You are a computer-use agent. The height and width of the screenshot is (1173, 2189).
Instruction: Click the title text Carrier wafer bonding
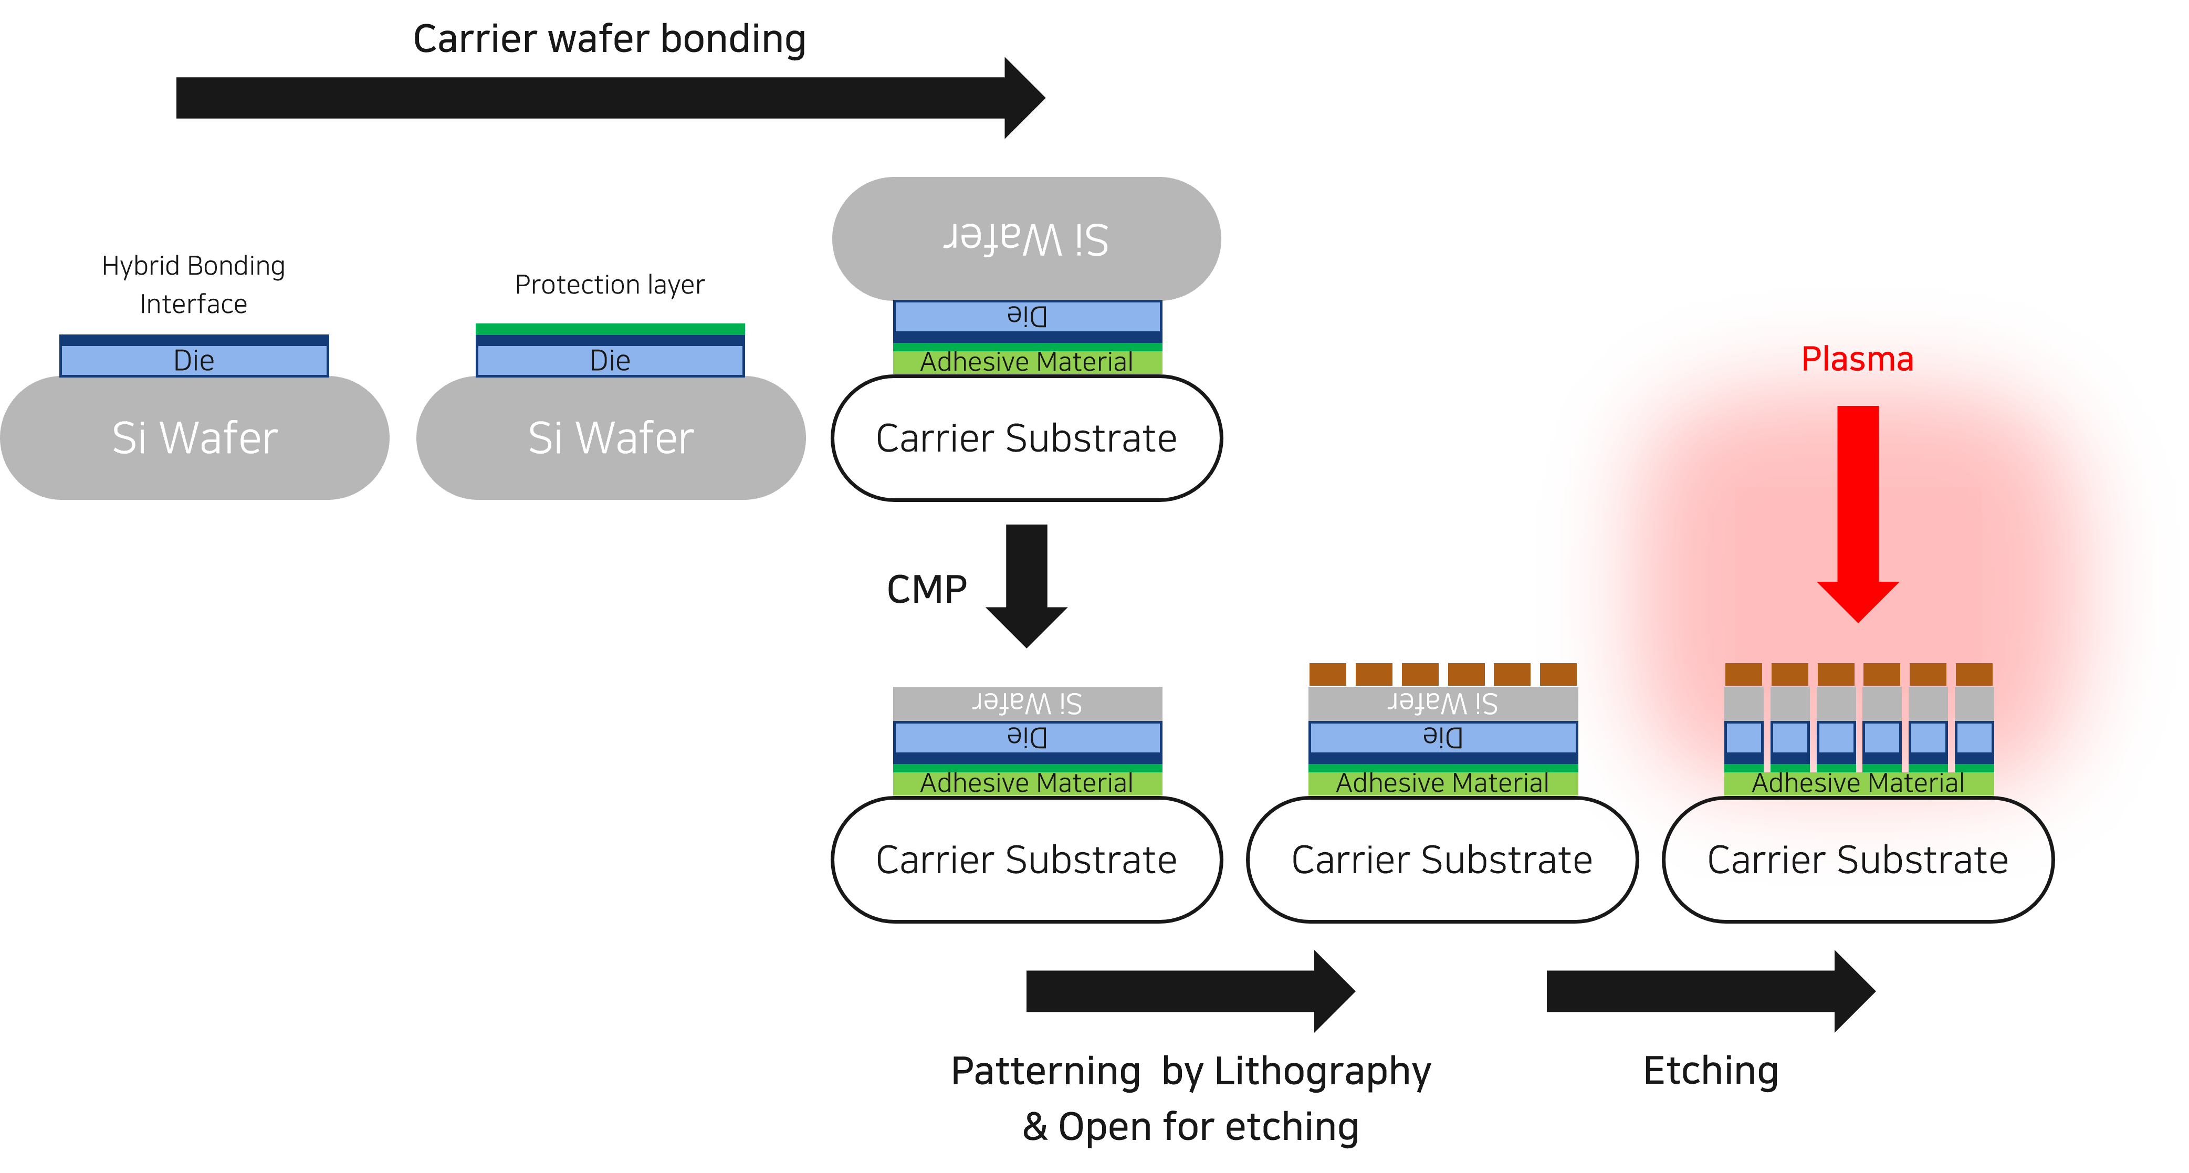pos(609,39)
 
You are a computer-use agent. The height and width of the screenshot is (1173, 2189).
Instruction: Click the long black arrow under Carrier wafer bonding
pos(595,98)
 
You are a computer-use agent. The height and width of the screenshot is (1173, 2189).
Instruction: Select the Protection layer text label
pos(609,285)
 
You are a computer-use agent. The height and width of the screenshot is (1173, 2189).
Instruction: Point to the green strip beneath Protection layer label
pos(609,329)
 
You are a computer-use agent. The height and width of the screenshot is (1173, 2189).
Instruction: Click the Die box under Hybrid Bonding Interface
pos(194,360)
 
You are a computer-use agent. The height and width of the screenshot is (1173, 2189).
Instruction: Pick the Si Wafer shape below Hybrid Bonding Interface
pos(194,438)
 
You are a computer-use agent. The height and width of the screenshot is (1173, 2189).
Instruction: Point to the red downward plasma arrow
pos(1858,510)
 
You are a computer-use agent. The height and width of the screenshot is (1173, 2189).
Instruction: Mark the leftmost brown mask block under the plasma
pos(1743,674)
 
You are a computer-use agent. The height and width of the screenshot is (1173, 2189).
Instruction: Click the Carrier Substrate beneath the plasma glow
pos(1858,860)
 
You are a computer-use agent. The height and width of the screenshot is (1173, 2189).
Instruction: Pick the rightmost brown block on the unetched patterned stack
pos(1558,674)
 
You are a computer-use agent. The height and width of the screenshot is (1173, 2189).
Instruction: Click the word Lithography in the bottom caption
pos(1322,1071)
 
